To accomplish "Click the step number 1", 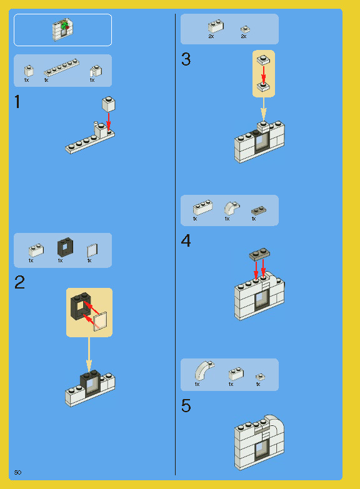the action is click(17, 102).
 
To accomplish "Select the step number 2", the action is click(19, 282).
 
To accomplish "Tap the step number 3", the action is click(186, 59).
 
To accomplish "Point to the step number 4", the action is click(186, 241).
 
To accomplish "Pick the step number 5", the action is click(186, 406).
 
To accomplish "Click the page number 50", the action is click(17, 473).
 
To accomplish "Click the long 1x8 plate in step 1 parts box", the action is click(61, 67).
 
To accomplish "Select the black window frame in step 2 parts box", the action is click(65, 247).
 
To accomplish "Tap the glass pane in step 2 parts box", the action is click(92, 250).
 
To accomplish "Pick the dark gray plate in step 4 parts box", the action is click(259, 211).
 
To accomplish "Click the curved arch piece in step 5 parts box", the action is click(204, 370).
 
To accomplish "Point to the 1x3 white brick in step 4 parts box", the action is click(202, 207).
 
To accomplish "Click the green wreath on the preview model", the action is click(64, 26).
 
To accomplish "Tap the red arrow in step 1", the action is click(109, 122).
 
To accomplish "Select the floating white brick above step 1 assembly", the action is click(108, 104).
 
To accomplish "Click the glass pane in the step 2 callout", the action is click(100, 322).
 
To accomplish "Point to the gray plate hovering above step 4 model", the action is click(259, 254).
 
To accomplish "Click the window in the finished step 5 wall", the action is click(259, 450).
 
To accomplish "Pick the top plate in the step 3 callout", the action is click(264, 60).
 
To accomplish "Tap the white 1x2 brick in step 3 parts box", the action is click(216, 27).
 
